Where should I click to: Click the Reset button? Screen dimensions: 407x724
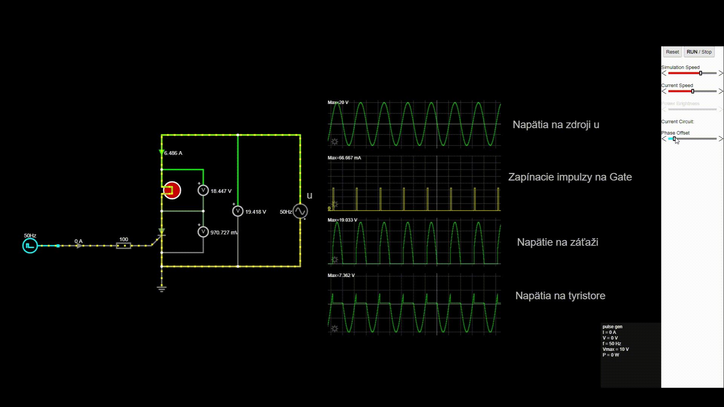click(x=672, y=52)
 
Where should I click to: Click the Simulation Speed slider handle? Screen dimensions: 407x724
click(x=701, y=73)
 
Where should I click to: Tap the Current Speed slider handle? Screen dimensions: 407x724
click(x=693, y=91)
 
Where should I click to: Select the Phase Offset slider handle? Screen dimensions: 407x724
click(x=674, y=139)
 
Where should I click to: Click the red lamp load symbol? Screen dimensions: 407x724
click(x=172, y=190)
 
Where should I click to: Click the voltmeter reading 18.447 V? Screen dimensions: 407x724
click(x=203, y=190)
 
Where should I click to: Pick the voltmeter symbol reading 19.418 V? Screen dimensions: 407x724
click(x=238, y=211)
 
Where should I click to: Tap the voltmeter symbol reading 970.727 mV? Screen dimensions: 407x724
click(x=203, y=232)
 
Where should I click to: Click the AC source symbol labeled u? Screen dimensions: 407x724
click(x=300, y=211)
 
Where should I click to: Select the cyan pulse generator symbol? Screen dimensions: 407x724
click(x=30, y=246)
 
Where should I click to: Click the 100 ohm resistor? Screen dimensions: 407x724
click(x=124, y=246)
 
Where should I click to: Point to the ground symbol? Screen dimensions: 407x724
click(x=162, y=289)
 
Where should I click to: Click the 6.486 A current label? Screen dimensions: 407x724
click(x=173, y=153)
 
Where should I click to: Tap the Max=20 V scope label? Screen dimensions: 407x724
click(x=338, y=103)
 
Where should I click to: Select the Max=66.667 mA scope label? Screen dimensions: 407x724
click(x=344, y=158)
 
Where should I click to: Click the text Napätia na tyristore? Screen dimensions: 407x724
click(x=560, y=296)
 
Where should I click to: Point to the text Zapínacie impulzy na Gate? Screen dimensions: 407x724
click(x=570, y=177)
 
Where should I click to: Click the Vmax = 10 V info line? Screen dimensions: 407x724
click(x=615, y=349)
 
